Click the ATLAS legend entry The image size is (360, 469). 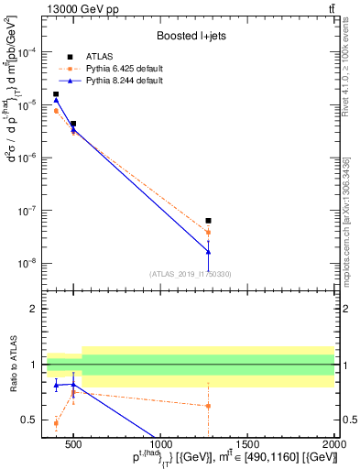pyautogui.click(x=98, y=57)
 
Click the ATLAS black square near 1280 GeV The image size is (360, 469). pyautogui.click(x=209, y=221)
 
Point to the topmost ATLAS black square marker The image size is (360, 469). pyautogui.click(x=56, y=94)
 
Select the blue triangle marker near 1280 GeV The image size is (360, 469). pyautogui.click(x=209, y=251)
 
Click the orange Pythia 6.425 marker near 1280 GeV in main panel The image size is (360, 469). pyautogui.click(x=209, y=232)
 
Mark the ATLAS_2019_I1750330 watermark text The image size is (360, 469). pyautogui.click(x=191, y=273)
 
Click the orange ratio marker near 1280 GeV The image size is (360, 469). pyautogui.click(x=209, y=406)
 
